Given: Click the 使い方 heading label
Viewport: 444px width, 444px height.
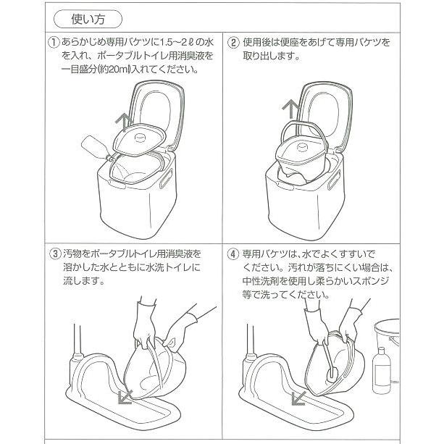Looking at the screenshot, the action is (88, 20).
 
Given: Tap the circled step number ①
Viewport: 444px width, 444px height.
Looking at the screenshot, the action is (54, 43).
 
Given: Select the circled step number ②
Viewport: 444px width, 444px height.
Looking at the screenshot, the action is (233, 43).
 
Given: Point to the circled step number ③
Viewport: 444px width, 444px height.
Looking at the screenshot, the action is (55, 254).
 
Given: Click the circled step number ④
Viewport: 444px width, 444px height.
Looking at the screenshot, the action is (233, 254).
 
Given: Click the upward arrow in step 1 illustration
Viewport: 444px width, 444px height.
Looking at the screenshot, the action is (124, 122).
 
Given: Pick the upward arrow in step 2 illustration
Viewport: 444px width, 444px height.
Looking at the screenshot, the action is (290, 109).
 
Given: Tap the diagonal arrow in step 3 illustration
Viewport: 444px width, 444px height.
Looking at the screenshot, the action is (125, 396).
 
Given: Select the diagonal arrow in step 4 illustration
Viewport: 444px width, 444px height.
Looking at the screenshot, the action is (298, 398).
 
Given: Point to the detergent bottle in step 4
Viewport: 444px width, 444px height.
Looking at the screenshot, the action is (382, 370).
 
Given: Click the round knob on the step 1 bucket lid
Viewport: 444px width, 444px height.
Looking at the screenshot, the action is (139, 138).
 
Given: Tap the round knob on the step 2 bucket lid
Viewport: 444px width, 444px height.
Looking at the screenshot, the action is (303, 147).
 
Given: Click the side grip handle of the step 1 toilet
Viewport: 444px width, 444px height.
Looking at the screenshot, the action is (166, 178).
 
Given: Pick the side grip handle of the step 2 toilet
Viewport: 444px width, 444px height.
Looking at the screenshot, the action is (334, 180).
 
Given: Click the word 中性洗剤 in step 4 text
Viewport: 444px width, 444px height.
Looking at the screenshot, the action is (261, 281).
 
